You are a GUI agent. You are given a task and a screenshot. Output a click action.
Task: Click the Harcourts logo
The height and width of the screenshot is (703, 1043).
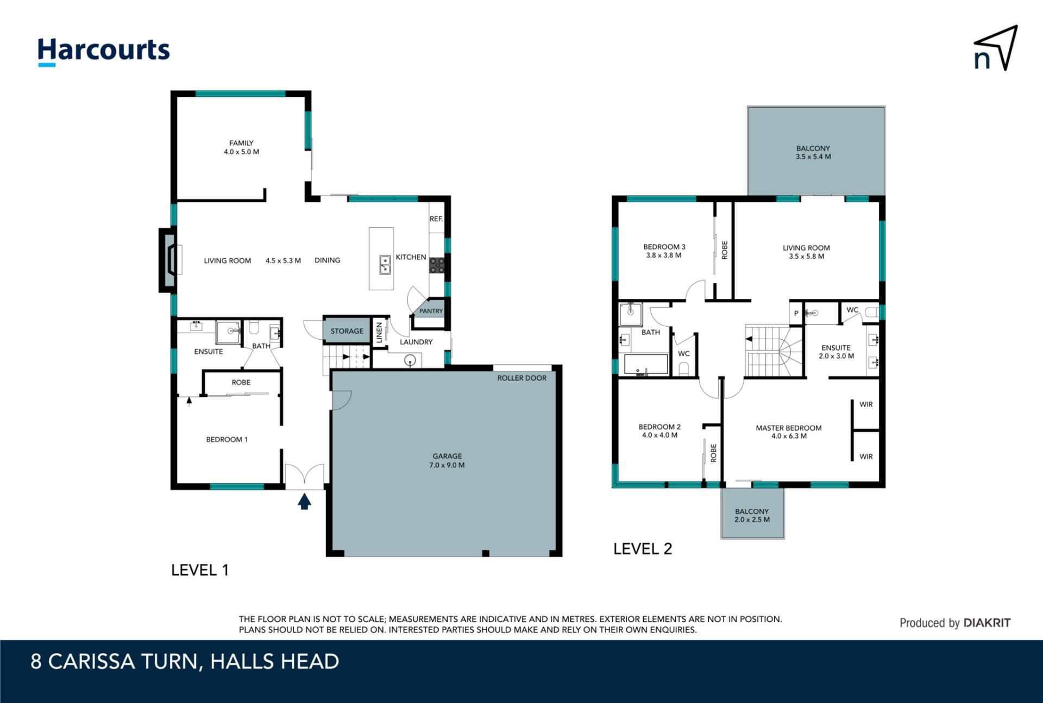pos(103,52)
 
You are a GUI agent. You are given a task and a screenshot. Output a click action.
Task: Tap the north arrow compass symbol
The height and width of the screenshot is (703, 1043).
pos(995,48)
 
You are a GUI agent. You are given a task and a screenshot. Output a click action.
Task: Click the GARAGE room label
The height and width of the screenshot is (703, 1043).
pos(447,456)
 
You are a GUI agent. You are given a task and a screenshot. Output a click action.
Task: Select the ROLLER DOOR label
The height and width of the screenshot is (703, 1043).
pos(521,378)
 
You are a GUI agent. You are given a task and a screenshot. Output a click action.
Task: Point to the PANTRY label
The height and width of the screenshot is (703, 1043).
pos(431,311)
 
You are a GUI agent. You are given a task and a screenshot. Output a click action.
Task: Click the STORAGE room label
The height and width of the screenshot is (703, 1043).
pos(347,331)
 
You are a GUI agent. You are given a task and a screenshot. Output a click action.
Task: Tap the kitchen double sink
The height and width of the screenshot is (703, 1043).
pos(385,265)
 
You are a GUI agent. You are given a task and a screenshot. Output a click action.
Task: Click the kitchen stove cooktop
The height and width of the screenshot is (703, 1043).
pos(437,265)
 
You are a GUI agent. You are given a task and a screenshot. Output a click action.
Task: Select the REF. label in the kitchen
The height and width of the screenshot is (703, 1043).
pos(436,219)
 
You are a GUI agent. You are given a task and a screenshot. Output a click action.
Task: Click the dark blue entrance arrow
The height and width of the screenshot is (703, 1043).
pos(304,501)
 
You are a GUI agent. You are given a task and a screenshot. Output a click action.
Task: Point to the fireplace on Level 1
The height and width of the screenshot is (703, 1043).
pos(168,261)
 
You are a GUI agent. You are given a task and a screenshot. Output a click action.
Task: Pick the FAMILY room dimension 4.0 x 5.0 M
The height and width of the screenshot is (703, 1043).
pos(241,152)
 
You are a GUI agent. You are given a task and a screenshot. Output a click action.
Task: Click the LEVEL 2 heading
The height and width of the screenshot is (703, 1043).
pos(643,549)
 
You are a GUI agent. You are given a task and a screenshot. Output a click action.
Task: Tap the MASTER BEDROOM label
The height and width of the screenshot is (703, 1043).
pos(788,428)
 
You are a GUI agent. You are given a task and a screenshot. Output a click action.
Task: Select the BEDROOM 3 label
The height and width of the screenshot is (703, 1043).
pos(664,247)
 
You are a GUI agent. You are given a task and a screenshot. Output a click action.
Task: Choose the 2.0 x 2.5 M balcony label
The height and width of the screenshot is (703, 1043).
pos(752,520)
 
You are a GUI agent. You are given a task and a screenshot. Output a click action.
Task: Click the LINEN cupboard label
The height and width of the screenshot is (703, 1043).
pos(379,333)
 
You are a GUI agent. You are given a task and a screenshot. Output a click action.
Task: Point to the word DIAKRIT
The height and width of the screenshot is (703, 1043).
pos(987,623)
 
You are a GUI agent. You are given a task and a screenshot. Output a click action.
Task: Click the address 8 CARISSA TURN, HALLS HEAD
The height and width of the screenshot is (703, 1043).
pos(185,662)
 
